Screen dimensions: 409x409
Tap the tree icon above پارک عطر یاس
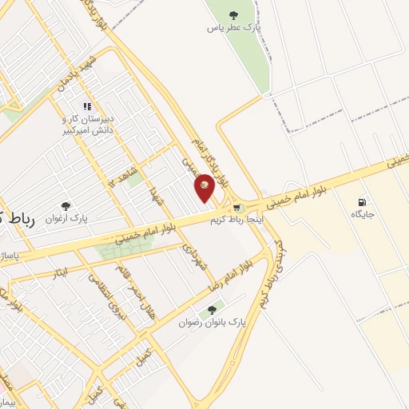tap(233, 14)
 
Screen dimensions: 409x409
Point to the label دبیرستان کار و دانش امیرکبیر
tap(88, 124)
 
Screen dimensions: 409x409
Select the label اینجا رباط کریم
tap(236, 220)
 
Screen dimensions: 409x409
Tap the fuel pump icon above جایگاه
tap(365, 201)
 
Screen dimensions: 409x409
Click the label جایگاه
tap(362, 214)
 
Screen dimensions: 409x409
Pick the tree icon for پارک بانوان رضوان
tap(212, 310)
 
